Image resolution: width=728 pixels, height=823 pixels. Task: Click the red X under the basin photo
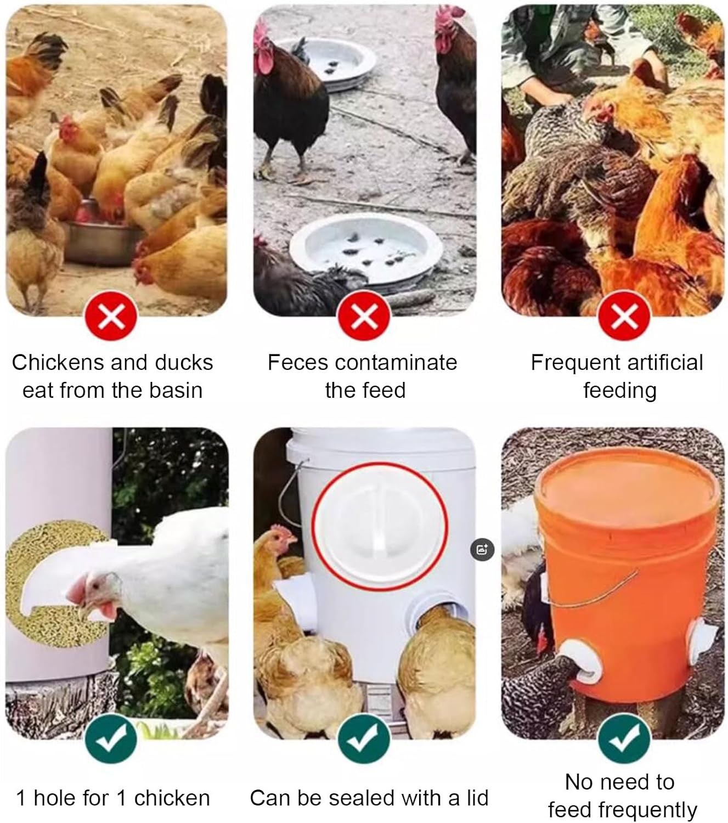coord(111,315)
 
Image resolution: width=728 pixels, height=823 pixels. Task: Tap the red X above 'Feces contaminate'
coord(364,315)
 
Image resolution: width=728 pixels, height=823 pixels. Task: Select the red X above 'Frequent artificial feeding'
coord(624,315)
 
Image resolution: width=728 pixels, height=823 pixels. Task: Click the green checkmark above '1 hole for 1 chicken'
coord(111,738)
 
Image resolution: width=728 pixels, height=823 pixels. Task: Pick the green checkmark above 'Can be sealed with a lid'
coord(364,738)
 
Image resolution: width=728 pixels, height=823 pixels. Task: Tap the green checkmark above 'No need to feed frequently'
coord(624,738)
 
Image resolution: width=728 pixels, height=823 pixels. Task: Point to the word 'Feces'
coord(297,362)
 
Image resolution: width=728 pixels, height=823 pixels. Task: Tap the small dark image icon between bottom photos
coord(482,550)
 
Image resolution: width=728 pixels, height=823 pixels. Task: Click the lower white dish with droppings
coord(365,252)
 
